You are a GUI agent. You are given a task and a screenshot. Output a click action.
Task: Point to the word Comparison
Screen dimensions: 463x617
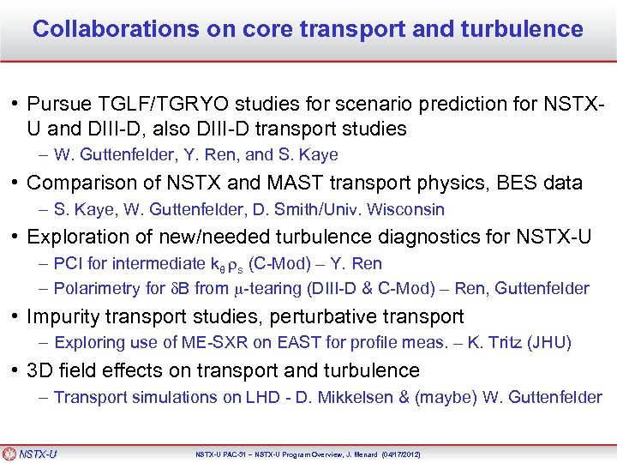pos(77,183)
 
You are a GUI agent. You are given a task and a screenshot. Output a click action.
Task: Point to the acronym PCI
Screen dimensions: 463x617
pos(66,263)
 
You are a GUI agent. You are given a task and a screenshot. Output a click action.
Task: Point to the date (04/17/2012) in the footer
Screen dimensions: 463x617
pos(397,454)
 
